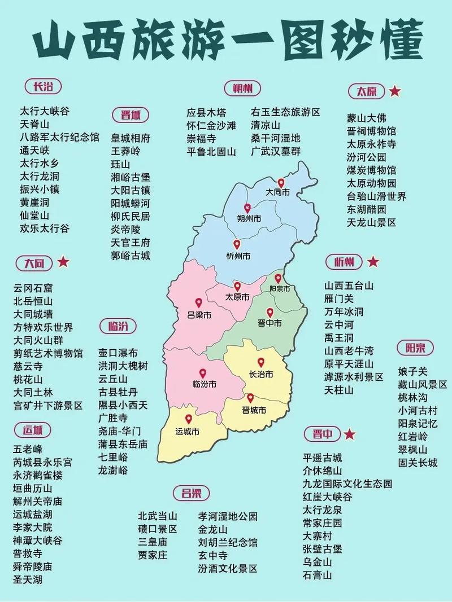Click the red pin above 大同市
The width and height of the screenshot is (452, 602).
click(x=281, y=183)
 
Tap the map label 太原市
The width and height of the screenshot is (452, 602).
click(x=237, y=297)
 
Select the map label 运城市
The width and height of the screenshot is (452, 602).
click(x=188, y=432)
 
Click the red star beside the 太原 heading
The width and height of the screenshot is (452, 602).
click(x=395, y=91)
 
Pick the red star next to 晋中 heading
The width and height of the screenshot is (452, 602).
click(x=350, y=434)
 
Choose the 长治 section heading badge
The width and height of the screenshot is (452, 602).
click(x=43, y=86)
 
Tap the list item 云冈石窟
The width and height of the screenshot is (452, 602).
click(x=33, y=287)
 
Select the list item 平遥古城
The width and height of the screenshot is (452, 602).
click(x=322, y=458)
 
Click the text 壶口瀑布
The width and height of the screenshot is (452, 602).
click(x=118, y=353)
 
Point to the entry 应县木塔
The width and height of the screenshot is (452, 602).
click(x=206, y=112)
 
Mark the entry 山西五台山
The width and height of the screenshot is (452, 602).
click(x=349, y=285)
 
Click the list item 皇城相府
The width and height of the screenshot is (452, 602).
click(x=131, y=138)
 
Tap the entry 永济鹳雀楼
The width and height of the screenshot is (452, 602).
click(x=38, y=475)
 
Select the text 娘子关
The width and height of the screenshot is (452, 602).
click(x=412, y=371)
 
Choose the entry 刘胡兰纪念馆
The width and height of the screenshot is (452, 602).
click(x=228, y=543)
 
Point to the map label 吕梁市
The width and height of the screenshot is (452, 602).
click(x=199, y=315)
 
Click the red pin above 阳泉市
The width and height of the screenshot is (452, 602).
click(x=278, y=278)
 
